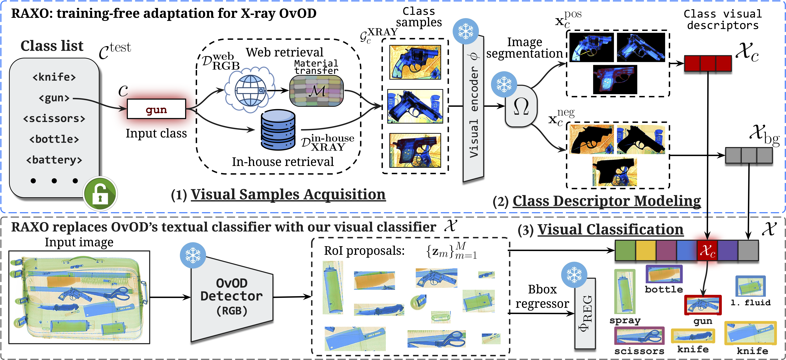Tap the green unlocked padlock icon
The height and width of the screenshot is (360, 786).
click(x=100, y=194)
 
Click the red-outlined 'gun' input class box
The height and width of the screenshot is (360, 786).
click(x=156, y=109)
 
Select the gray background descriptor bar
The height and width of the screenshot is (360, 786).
click(x=749, y=155)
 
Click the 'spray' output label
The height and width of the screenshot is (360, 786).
click(x=625, y=321)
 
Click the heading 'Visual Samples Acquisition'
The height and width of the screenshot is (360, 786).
click(x=288, y=194)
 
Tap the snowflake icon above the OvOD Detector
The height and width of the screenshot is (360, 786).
click(x=193, y=255)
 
